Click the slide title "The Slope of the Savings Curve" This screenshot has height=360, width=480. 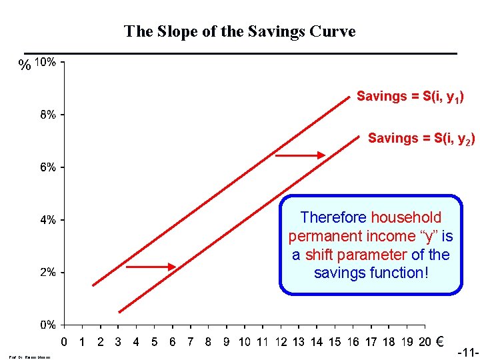(240, 31)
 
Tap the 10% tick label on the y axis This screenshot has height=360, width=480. (45, 62)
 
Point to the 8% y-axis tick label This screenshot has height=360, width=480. (47, 114)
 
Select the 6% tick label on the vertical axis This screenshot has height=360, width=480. (47, 167)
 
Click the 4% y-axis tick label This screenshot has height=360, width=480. (47, 219)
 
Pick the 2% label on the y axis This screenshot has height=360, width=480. (47, 272)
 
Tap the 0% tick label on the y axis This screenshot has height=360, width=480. (47, 325)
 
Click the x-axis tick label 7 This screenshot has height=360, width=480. (190, 343)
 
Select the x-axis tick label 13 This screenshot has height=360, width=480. (299, 343)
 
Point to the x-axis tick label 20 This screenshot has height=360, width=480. (425, 343)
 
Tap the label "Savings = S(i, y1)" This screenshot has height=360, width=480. (410, 97)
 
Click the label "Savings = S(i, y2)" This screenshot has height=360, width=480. (421, 139)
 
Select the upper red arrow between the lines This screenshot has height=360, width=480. (300, 155)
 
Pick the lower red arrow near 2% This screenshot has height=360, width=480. (151, 267)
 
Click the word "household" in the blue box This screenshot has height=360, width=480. (406, 217)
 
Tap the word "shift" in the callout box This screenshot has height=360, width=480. (319, 255)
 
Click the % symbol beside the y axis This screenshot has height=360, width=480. (25, 65)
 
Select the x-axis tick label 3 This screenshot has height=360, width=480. (118, 343)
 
